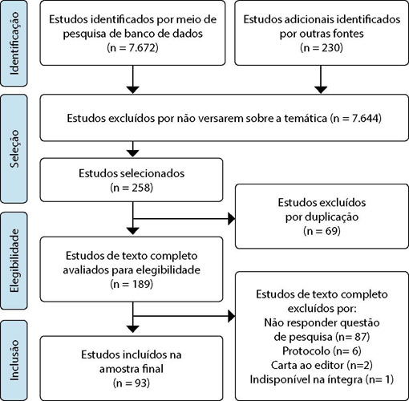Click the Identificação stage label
tap(14, 43)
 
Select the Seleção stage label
tap(14, 148)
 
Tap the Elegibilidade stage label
tap(14, 261)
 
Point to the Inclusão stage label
tap(14, 360)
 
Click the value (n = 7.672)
tap(132, 48)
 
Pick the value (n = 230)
tap(322, 48)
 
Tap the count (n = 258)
tap(132, 188)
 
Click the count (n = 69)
tap(322, 231)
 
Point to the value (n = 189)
tap(132, 284)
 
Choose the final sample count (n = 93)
tap(132, 383)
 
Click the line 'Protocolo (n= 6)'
tap(322, 350)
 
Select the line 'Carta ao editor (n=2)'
tap(322, 365)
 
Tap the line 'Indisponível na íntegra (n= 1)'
tap(322, 379)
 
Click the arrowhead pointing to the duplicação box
tap(231, 219)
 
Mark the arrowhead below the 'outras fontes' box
tap(321, 90)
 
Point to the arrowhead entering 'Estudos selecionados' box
tap(133, 153)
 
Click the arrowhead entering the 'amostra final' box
tap(133, 329)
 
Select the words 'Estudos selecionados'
tap(132, 173)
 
